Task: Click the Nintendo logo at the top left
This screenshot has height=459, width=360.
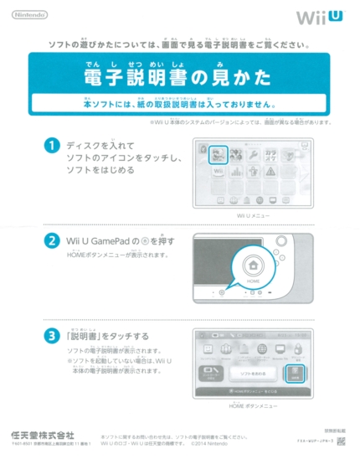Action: pyautogui.click(x=29, y=15)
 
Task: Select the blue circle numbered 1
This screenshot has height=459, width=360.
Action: pyautogui.click(x=52, y=146)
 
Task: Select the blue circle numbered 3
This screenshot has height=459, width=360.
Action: pyautogui.click(x=52, y=336)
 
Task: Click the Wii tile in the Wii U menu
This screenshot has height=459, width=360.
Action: pyautogui.click(x=218, y=173)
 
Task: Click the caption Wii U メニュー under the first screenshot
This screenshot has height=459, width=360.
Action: pyautogui.click(x=254, y=216)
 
